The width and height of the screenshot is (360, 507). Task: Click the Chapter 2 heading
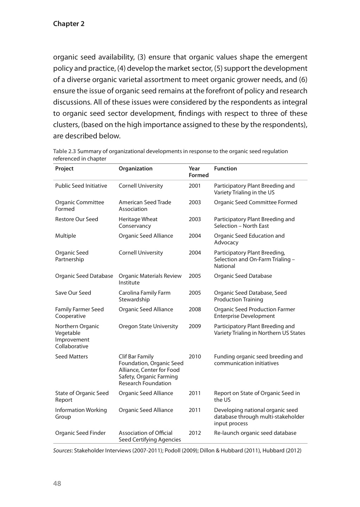[69, 24]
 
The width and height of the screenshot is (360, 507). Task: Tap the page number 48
[57, 483]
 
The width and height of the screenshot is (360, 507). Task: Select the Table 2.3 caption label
[64, 151]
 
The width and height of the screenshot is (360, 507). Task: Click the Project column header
[64, 169]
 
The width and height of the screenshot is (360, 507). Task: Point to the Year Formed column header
[198, 172]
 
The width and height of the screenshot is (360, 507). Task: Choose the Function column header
[225, 169]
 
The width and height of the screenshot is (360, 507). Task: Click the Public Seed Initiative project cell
[81, 186]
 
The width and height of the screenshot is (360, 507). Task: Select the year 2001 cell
[195, 186]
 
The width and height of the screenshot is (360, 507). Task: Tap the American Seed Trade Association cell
[145, 206]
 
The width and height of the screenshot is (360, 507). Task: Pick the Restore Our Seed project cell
[76, 219]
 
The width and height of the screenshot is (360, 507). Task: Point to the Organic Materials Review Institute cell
[150, 279]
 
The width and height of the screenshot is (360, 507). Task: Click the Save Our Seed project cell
[73, 293]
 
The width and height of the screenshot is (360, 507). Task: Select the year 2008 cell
[195, 309]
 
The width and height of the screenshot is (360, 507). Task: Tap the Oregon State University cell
[148, 326]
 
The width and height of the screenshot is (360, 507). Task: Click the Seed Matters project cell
[71, 357]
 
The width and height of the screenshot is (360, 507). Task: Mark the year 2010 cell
[195, 357]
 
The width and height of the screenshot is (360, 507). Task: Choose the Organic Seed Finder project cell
[80, 433]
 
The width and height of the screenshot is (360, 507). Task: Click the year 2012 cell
[195, 433]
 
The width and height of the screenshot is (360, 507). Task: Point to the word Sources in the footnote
[62, 451]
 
